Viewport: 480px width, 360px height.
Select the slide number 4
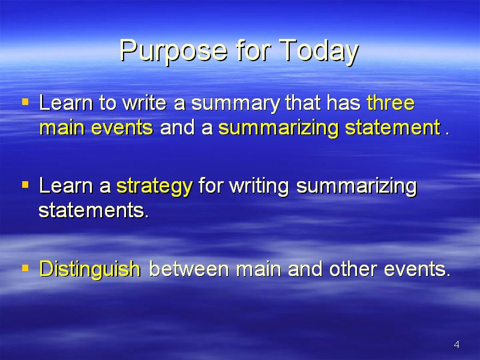click(x=457, y=344)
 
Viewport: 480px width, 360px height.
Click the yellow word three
click(x=391, y=103)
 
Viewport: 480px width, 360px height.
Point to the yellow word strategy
click(x=155, y=187)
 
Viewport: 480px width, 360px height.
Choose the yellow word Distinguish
click(x=90, y=269)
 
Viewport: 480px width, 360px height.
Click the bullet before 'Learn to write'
click(x=25, y=101)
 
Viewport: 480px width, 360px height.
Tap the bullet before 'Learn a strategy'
click(x=25, y=185)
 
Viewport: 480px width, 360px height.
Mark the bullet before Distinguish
click(x=25, y=268)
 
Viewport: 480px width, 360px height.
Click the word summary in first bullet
click(x=235, y=104)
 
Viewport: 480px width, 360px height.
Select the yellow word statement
click(x=393, y=127)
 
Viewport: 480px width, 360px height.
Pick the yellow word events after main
click(x=122, y=128)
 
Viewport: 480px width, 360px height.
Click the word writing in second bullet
click(x=259, y=187)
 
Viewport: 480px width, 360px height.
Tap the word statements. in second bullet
click(x=94, y=211)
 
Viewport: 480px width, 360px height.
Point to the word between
click(x=189, y=269)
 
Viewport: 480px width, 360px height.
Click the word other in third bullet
click(x=353, y=269)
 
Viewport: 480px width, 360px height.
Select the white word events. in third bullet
click(x=417, y=269)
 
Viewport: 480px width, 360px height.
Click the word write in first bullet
click(x=145, y=103)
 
